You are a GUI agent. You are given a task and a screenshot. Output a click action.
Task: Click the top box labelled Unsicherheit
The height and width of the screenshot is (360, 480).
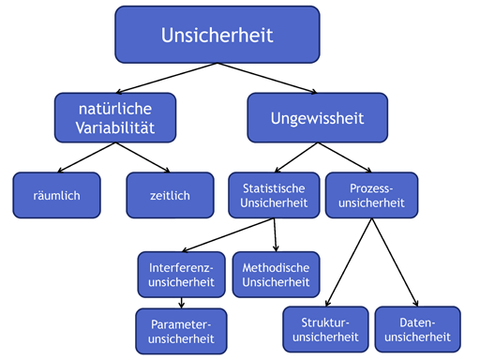217,36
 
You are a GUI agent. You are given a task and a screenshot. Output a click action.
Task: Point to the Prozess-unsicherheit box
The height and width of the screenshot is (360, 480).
371,195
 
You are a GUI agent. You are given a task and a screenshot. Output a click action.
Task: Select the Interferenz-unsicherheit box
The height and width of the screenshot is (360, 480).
181,274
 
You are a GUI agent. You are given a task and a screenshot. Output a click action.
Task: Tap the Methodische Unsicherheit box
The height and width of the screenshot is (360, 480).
277,274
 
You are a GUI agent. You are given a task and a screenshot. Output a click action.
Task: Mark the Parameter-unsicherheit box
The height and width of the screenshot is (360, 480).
181,331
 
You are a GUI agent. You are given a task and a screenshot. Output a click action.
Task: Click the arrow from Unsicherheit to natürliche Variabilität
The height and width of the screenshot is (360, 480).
164,79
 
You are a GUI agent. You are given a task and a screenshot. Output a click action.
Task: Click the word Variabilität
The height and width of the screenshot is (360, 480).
116,127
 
